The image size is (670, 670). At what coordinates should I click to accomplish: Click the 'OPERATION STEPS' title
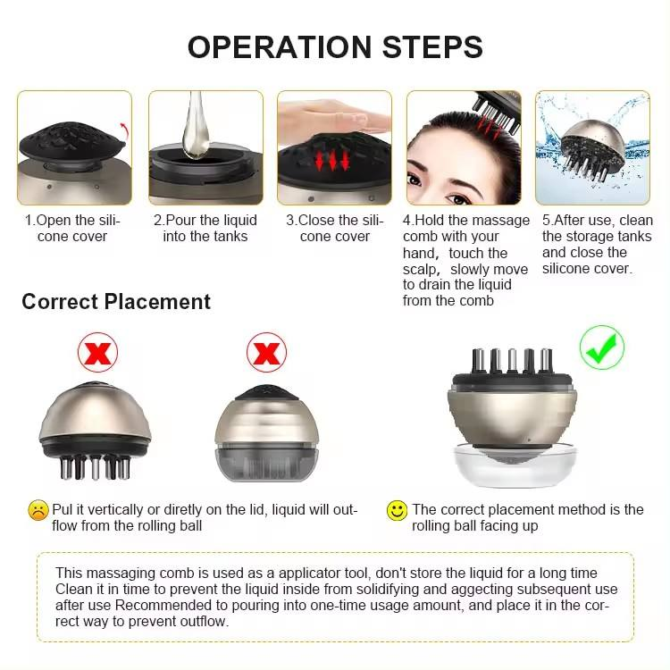(x=335, y=46)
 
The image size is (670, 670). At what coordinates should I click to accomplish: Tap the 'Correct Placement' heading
(x=116, y=301)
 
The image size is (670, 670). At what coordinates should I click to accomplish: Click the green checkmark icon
(x=601, y=348)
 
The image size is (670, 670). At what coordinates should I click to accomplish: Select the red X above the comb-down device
(x=97, y=354)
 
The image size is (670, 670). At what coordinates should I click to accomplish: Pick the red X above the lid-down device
(x=266, y=354)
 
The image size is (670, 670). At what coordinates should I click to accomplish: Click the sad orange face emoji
(x=38, y=510)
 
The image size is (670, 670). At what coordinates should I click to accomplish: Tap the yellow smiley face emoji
(x=397, y=510)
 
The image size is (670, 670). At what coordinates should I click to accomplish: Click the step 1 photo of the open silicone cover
(x=74, y=147)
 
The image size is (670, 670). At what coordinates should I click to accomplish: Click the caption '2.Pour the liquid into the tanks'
(x=205, y=228)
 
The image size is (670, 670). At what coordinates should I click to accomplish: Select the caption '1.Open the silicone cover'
(x=72, y=228)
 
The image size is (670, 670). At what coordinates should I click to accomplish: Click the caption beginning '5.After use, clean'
(x=597, y=244)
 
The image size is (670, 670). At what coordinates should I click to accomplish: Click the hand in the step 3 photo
(x=331, y=115)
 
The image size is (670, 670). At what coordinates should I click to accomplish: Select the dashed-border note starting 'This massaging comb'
(x=335, y=597)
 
